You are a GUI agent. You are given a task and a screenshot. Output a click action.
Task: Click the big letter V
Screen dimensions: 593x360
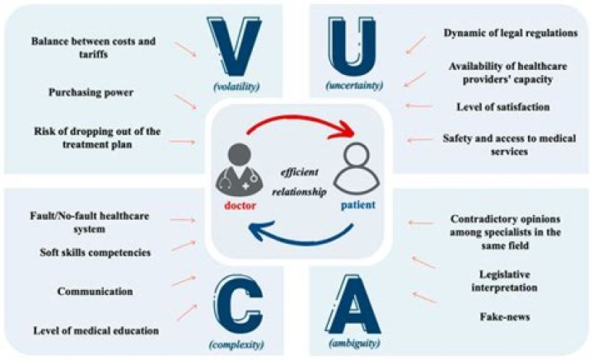(x=235, y=46)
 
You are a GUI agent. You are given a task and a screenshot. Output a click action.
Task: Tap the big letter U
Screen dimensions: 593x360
(x=353, y=46)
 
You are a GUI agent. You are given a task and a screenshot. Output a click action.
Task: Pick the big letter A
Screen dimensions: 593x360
(x=353, y=308)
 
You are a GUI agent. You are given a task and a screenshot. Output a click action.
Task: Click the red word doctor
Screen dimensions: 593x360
(x=240, y=206)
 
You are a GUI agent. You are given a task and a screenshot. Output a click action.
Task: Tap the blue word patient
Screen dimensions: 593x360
(x=358, y=205)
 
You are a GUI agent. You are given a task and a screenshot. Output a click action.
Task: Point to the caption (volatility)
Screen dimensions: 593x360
(x=236, y=86)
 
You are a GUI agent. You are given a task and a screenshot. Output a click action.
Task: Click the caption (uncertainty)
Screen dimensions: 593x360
(x=354, y=86)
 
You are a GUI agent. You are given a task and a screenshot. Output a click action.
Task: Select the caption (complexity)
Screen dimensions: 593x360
(x=236, y=344)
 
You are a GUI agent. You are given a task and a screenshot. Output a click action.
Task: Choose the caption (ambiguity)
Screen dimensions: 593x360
(x=354, y=343)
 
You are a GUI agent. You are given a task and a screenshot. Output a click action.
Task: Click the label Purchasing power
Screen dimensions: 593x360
(x=91, y=92)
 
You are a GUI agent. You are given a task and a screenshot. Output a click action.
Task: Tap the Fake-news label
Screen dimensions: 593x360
(x=505, y=316)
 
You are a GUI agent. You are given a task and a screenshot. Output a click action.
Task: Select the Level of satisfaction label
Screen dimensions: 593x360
(x=503, y=107)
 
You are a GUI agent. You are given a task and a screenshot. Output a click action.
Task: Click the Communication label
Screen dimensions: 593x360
(x=96, y=292)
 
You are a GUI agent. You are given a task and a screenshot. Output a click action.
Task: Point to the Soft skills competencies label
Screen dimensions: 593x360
(x=96, y=253)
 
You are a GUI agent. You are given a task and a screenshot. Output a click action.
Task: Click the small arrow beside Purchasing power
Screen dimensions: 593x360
(x=185, y=101)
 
